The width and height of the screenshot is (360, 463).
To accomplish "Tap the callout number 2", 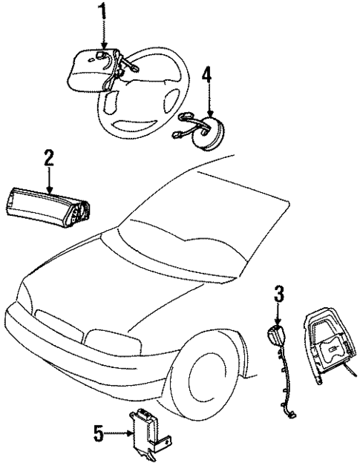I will tap(49, 157).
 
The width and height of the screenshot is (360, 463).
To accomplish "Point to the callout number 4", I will tap(208, 75).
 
